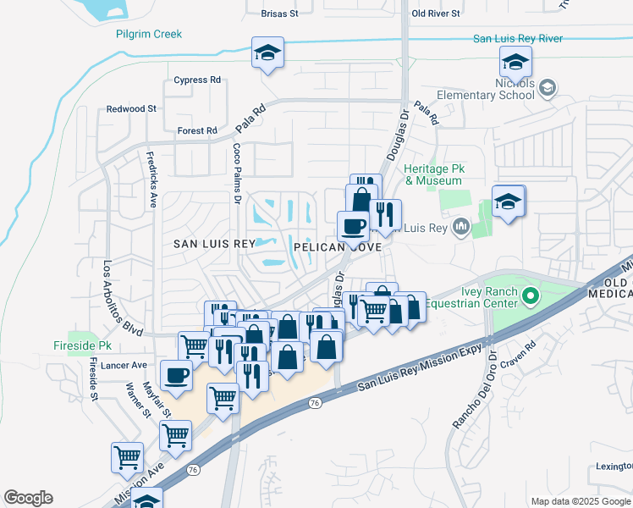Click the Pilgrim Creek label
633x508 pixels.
[x=149, y=35]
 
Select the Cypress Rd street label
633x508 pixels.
[x=196, y=80]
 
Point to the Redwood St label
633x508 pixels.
[x=131, y=109]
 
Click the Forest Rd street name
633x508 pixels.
[x=197, y=131]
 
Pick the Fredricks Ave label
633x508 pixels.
[x=152, y=179]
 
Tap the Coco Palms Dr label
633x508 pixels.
[x=237, y=173]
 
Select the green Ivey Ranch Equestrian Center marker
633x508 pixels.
[x=531, y=296]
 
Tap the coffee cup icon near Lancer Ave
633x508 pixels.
[x=176, y=374]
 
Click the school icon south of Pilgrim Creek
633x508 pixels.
[x=268, y=52]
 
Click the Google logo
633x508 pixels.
[x=29, y=498]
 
